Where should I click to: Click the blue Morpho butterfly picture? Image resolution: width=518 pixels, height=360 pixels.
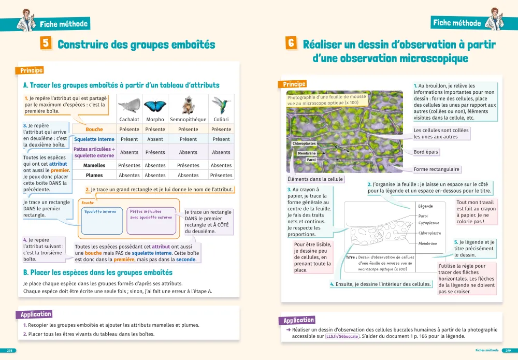coord(155,106)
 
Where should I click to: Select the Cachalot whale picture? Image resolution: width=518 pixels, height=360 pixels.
coord(129,106)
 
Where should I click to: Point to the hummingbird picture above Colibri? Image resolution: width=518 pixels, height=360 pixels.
coord(221,104)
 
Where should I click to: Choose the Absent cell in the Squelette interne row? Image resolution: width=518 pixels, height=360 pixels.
coord(155,139)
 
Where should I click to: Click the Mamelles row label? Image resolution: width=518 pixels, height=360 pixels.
coord(94,166)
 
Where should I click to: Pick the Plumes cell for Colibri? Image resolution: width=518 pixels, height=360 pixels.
coord(221,175)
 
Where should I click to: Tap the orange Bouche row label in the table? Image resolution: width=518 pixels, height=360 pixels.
coord(94,129)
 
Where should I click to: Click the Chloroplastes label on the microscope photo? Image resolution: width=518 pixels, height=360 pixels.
coord(304,143)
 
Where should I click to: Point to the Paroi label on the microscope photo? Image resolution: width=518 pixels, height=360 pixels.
coord(311,160)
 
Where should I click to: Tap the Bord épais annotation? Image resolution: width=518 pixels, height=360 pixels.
coord(426,152)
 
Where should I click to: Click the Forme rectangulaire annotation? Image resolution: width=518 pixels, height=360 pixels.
coord(437,169)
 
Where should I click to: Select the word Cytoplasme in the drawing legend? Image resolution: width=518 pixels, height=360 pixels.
coord(429,223)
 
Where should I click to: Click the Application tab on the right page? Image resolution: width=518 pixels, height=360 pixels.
coord(298,320)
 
